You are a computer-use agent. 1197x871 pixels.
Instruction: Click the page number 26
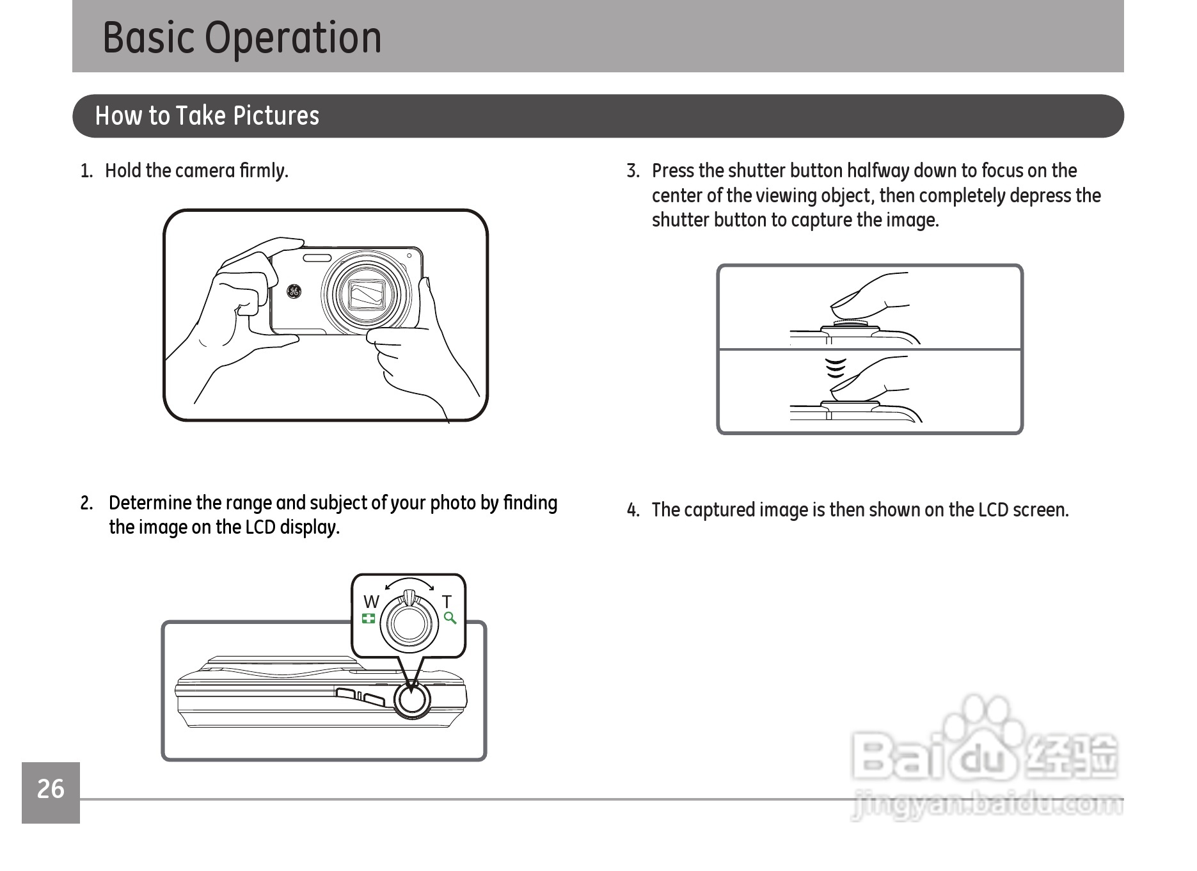click(x=51, y=790)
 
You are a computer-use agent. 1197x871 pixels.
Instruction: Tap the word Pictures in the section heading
click(x=276, y=116)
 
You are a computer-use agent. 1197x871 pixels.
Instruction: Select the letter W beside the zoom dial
click(x=371, y=602)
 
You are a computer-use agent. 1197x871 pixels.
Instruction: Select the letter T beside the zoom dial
click(x=447, y=602)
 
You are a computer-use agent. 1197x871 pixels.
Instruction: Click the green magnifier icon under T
click(x=450, y=618)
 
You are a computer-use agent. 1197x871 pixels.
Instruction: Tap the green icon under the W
click(x=369, y=618)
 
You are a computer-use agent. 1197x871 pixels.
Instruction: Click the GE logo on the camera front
click(x=293, y=291)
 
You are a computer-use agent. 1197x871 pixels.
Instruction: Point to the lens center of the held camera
click(x=367, y=294)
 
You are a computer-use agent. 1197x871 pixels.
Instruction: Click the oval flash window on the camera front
click(x=317, y=258)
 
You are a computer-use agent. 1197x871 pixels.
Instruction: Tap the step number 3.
click(x=633, y=171)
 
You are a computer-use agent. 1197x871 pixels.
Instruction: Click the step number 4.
click(x=633, y=510)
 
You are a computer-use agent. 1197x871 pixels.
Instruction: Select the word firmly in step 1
click(x=264, y=171)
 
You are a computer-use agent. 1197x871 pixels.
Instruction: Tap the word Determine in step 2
click(x=150, y=503)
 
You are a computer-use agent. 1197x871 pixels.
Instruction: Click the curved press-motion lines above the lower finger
click(x=836, y=368)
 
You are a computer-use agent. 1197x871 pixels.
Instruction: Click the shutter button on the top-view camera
click(x=411, y=701)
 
